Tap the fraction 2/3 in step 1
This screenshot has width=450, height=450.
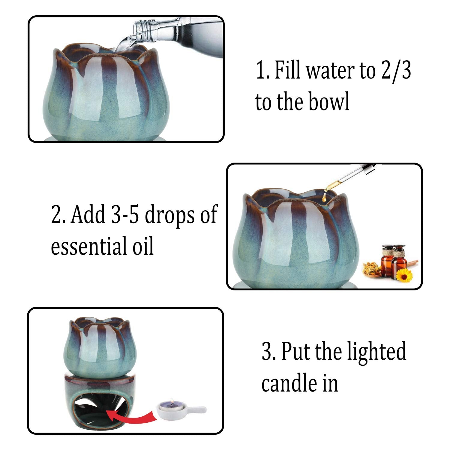[396, 70]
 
